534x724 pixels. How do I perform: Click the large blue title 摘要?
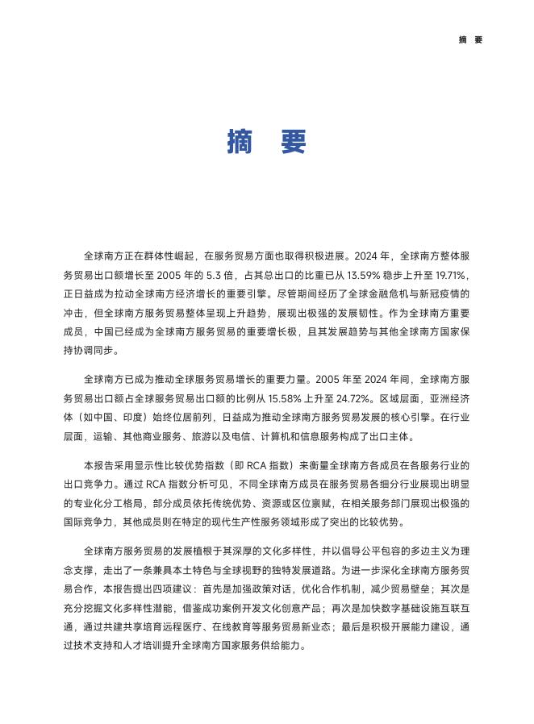click(267, 142)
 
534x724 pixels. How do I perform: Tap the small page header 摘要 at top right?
click(469, 40)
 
